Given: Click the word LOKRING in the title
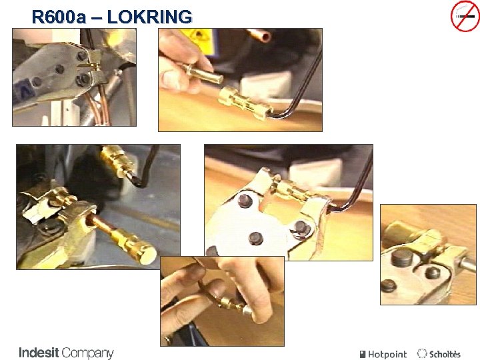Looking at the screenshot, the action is [149, 17].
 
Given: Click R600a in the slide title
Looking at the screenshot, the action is [59, 17].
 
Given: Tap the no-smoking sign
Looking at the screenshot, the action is [465, 16].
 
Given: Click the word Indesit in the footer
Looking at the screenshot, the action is [39, 353].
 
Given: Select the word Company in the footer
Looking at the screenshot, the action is [88, 353].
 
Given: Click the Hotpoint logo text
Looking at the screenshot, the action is [387, 354].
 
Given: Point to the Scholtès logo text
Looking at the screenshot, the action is [445, 354].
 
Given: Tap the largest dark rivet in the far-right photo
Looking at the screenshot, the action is [401, 258].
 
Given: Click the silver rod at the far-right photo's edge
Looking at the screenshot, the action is [469, 264].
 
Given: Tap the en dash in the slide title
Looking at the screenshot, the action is [97, 17].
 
